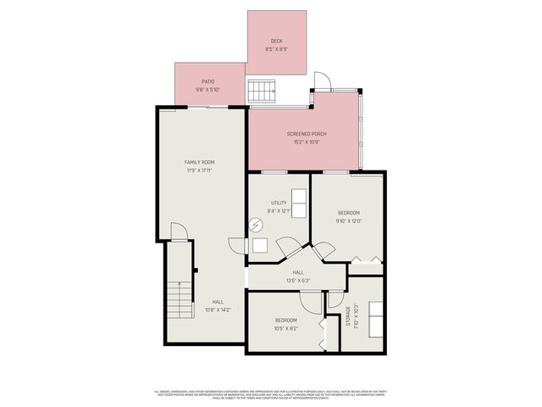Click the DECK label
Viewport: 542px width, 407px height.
[276, 41]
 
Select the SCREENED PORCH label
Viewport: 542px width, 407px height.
[307, 134]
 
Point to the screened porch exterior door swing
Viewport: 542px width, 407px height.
[322, 82]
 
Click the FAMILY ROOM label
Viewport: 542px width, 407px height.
[200, 162]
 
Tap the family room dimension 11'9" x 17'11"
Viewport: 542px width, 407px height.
[200, 170]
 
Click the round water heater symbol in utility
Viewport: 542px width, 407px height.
[256, 225]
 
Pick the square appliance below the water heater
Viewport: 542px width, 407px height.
[260, 246]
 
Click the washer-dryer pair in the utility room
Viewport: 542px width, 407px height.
[299, 203]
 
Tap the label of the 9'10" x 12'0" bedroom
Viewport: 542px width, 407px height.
[349, 212]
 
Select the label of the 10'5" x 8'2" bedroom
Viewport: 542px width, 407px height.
[285, 320]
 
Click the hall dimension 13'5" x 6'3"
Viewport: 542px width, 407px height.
[299, 280]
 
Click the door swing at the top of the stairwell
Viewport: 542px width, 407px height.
[177, 231]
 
